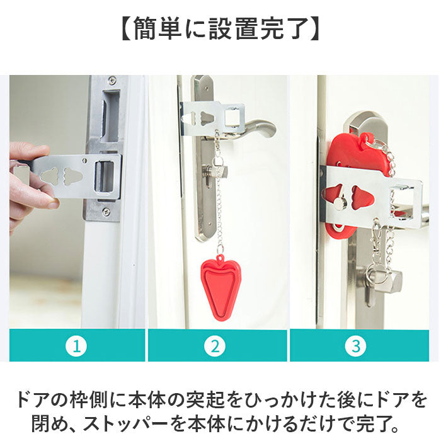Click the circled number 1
[x=76, y=346]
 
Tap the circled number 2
[x=215, y=346]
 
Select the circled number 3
[x=356, y=346]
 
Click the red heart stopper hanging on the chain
[x=219, y=287]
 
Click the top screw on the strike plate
[x=112, y=79]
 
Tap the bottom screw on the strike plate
[x=106, y=210]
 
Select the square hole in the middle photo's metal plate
[x=233, y=117]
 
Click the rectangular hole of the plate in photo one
[x=105, y=176]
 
